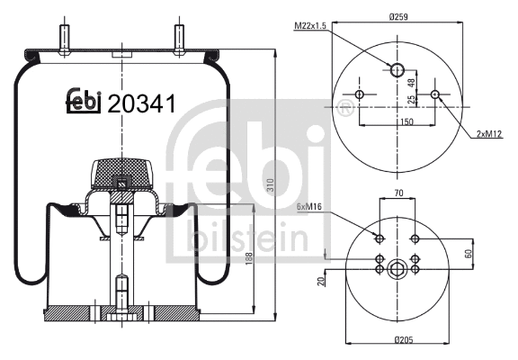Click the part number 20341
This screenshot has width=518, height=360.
(x=141, y=104)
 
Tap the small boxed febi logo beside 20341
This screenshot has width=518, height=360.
(x=84, y=103)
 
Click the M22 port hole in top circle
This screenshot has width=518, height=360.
(x=397, y=68)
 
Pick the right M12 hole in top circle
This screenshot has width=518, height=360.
(x=435, y=94)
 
